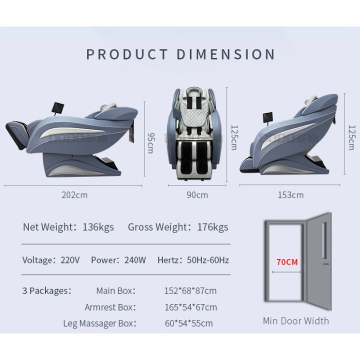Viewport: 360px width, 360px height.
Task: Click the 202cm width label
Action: point(74,195)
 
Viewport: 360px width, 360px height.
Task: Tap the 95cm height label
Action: point(151,143)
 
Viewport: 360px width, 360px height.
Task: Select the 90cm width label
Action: point(197,195)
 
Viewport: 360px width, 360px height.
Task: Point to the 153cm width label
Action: point(290,195)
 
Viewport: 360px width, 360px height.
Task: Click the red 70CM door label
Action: point(287,262)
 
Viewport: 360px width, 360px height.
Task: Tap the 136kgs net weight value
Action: point(98,227)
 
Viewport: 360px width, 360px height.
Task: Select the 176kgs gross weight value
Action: point(212,227)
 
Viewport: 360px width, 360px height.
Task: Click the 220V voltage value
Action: point(70,260)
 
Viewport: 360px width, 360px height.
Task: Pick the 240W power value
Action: point(135,260)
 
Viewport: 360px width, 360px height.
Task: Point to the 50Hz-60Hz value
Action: point(208,260)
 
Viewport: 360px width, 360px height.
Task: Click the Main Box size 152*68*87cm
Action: point(190,290)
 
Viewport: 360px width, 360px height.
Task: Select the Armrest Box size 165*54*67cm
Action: point(190,307)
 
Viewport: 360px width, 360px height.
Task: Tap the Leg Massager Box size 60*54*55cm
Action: point(188,323)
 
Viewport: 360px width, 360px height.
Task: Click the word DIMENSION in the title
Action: point(226,54)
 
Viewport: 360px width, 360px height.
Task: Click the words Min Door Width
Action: point(295,320)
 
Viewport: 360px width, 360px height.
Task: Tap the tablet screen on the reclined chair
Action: point(58,107)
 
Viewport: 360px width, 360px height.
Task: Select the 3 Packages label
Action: point(47,290)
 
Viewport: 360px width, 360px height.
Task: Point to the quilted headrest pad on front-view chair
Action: point(194,117)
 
